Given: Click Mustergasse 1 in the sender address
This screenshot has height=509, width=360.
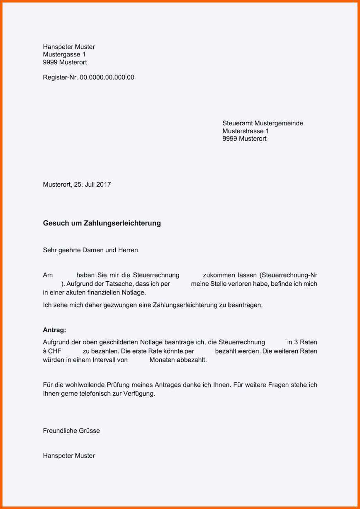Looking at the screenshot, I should point(64,54).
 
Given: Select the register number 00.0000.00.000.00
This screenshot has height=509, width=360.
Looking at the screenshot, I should point(107,77).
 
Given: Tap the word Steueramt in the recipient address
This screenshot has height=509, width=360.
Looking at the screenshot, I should point(237,123).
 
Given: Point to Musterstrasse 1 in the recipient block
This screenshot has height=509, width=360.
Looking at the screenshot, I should point(246,131).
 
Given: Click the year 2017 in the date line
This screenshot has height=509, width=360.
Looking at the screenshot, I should point(104,184).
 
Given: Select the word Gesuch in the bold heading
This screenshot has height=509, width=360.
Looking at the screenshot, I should point(54,223).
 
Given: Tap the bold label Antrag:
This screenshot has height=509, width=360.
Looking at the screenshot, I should point(54,330).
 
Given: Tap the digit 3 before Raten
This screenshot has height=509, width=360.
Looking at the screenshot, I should point(296,342).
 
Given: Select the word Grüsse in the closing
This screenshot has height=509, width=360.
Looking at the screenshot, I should point(88,431).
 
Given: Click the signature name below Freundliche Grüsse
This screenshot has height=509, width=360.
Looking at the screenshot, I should point(69,455).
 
